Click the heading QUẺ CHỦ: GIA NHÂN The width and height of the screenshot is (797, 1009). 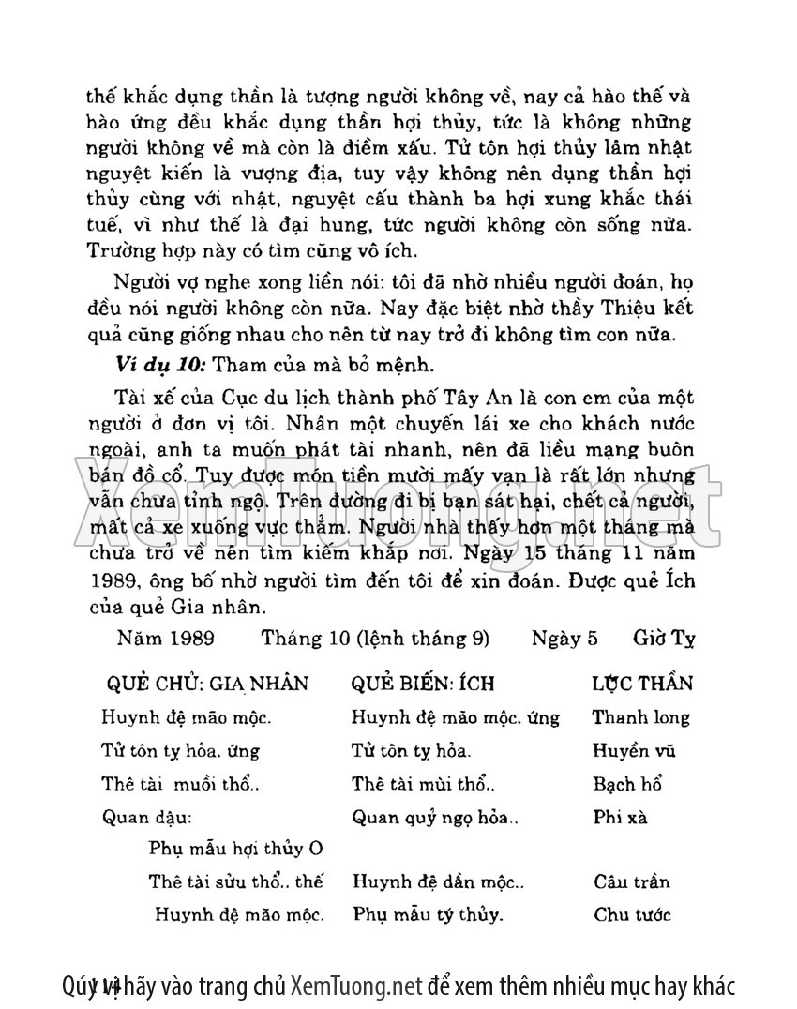tap(207, 683)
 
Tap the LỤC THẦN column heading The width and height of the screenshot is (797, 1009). tap(642, 683)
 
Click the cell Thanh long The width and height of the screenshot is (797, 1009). tap(640, 717)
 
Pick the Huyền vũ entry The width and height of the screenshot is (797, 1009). tap(634, 750)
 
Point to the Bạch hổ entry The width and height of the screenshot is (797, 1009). tap(627, 783)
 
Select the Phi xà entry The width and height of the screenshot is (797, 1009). tap(620, 816)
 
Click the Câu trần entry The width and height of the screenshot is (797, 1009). tap(631, 881)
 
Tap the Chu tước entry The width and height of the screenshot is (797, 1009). tap(632, 914)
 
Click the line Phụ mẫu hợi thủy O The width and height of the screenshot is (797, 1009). tap(235, 849)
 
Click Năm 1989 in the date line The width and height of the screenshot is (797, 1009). tap(166, 639)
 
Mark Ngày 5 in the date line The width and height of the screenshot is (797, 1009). tap(564, 639)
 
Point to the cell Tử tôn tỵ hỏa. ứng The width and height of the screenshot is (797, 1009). tap(180, 750)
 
